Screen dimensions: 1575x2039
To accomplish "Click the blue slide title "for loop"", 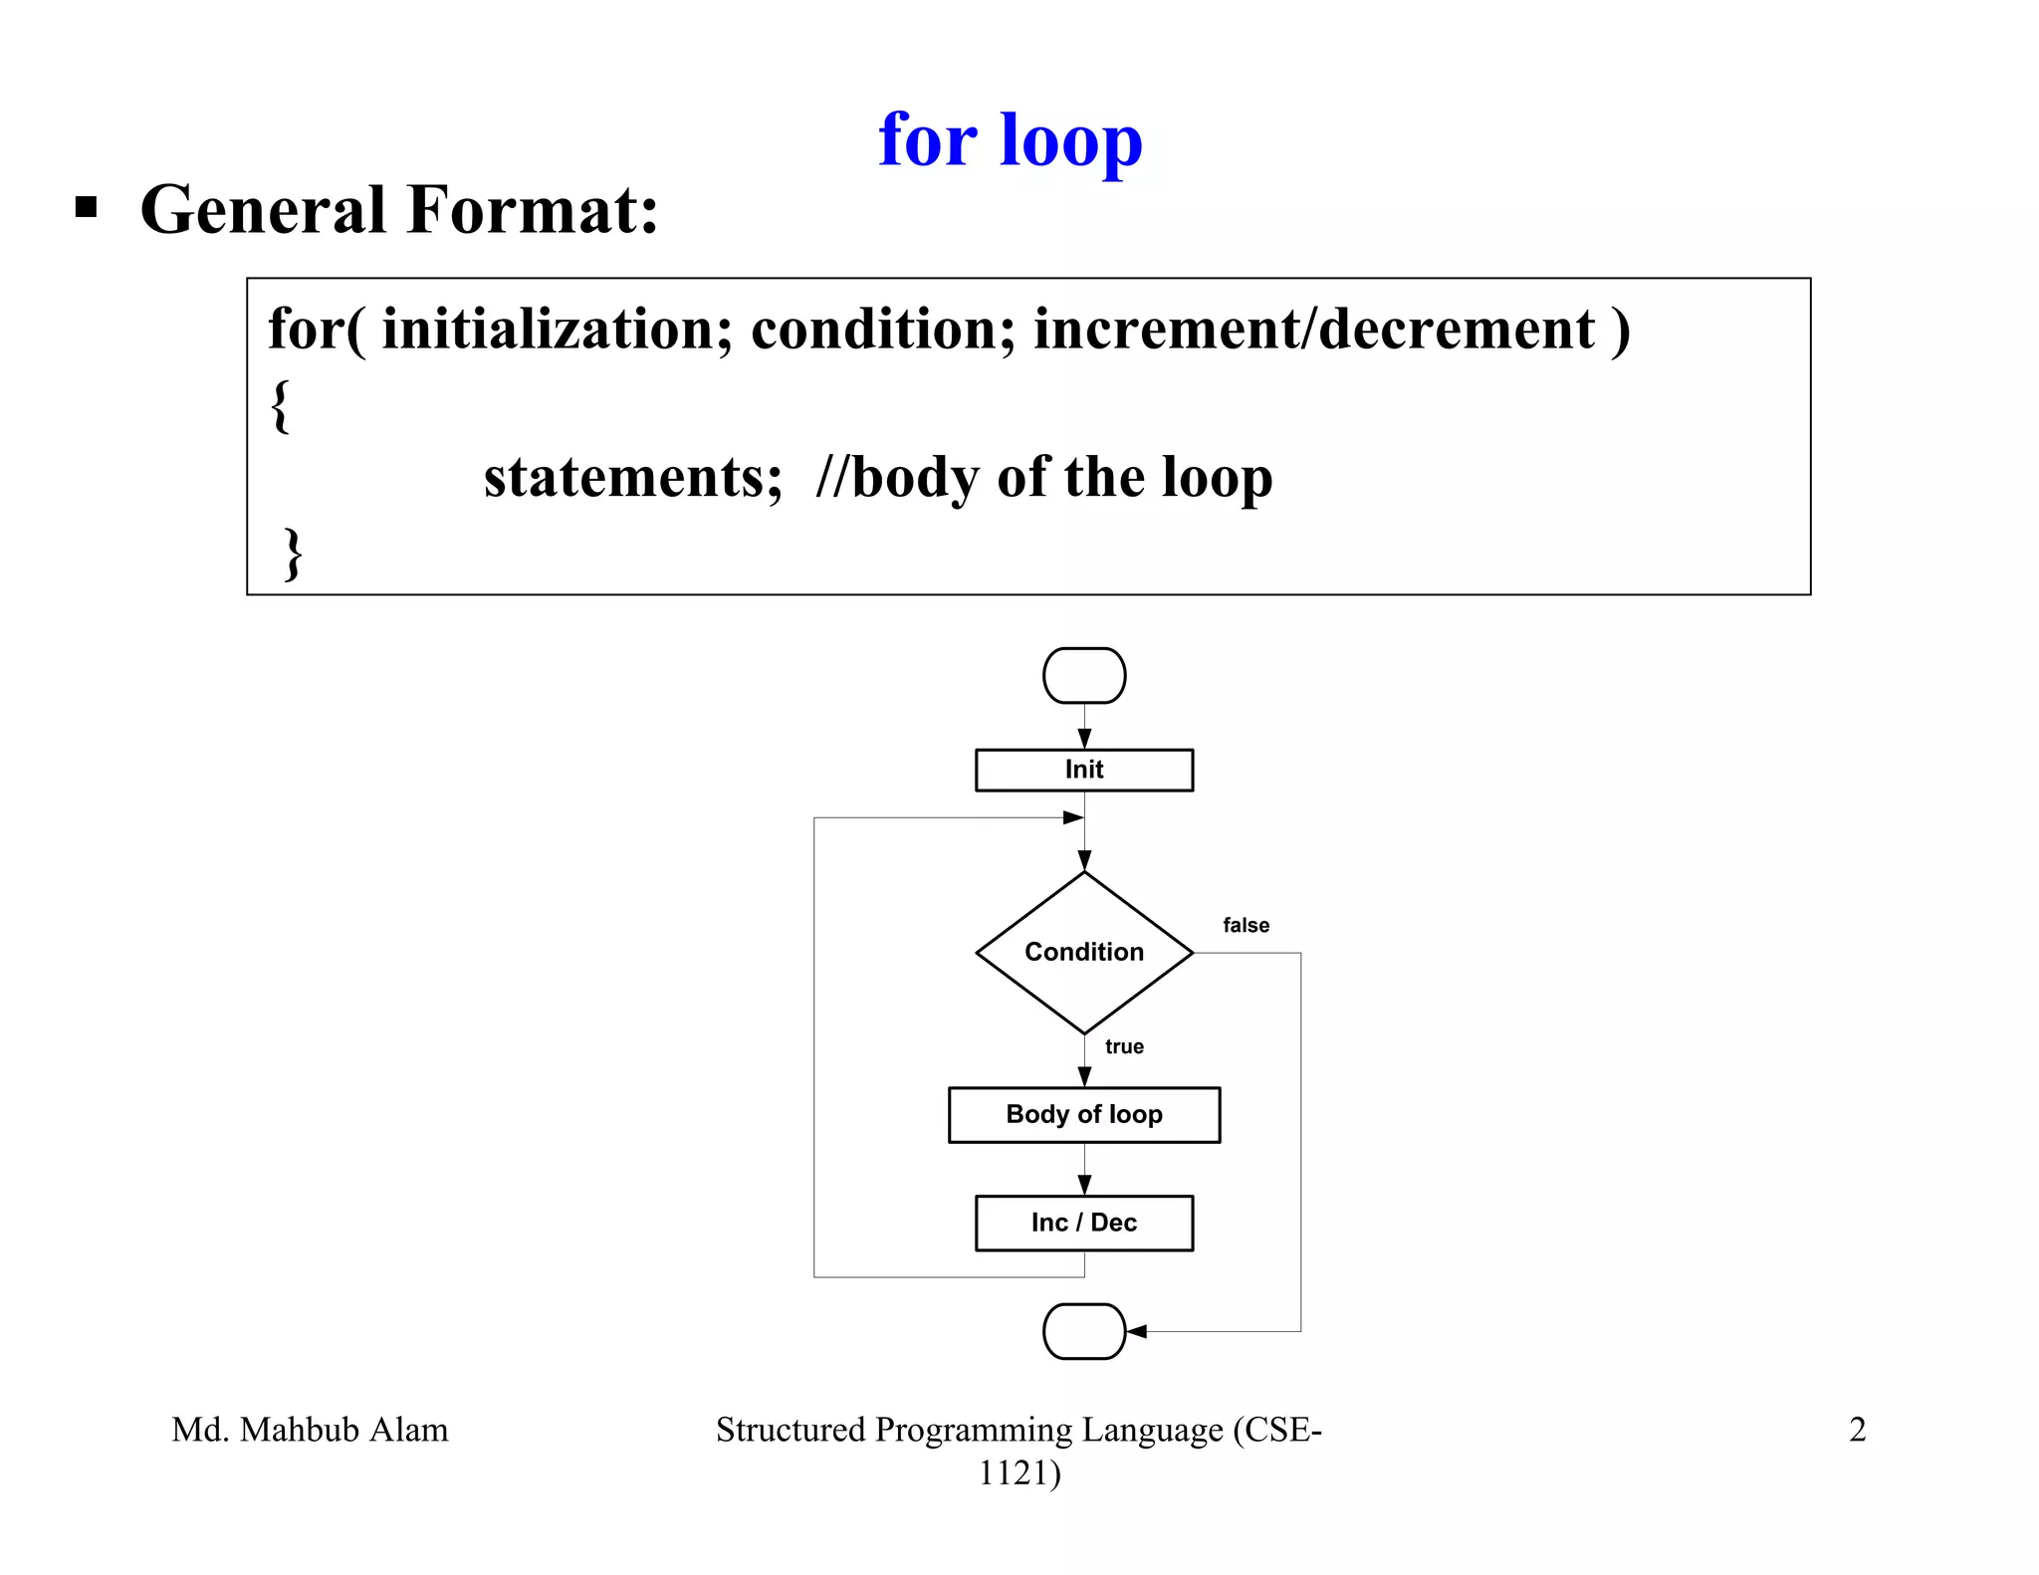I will [1010, 140].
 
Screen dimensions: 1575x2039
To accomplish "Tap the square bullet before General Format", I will [87, 207].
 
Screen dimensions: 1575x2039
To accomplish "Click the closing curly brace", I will [293, 554].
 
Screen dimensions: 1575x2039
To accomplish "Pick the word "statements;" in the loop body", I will [633, 477].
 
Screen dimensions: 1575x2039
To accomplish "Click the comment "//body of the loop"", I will [1043, 477].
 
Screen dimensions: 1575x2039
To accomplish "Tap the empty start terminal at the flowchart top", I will [1084, 676].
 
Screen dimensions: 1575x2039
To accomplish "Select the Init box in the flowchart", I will [1084, 770].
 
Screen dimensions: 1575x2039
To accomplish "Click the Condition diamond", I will [1084, 953].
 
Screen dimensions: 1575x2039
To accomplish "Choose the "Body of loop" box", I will [1084, 1115].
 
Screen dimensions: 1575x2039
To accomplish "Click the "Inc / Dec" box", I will [1084, 1223].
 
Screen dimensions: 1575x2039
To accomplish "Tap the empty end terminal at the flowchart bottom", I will [1084, 1331].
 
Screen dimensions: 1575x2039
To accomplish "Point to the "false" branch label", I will [1246, 925].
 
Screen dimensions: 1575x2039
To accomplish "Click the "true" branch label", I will [1124, 1046].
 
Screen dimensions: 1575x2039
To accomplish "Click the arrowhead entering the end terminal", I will [1137, 1331].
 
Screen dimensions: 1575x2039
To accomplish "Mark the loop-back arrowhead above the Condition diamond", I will [1073, 817].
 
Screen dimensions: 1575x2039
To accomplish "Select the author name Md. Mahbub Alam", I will [310, 1430].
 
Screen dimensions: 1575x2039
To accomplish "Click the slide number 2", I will [1857, 1430].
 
